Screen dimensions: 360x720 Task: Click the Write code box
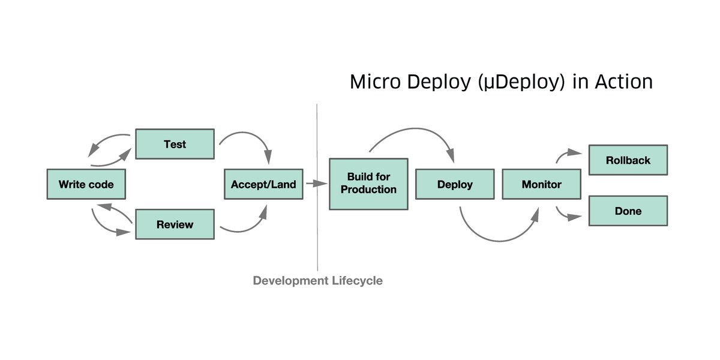(86, 184)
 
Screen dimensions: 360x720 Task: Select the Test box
(175, 144)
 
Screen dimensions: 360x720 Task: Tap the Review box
(175, 224)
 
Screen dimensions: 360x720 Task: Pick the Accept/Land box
(263, 184)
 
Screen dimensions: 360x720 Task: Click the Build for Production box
(368, 184)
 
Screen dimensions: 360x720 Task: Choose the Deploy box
(455, 184)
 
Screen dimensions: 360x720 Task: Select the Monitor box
(541, 184)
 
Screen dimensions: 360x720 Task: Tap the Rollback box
(628, 160)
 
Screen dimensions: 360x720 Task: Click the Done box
(628, 211)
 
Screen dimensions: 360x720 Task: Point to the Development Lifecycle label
(317, 280)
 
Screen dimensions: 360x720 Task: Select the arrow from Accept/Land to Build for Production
(314, 184)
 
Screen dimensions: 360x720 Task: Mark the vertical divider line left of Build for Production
(317, 240)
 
